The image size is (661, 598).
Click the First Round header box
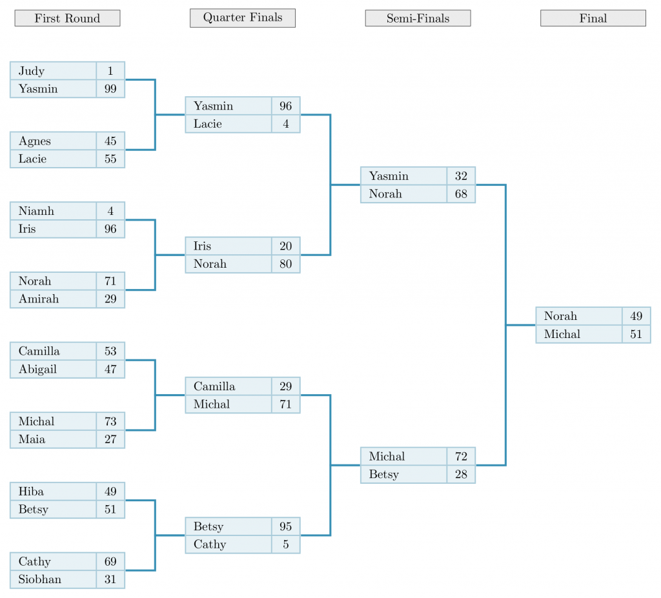[x=67, y=18]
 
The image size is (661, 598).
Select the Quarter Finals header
[x=242, y=17]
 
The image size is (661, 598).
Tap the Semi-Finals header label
[x=418, y=18]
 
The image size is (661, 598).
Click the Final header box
[x=593, y=18]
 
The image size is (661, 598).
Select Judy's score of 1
[x=110, y=71]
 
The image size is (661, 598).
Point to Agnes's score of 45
[x=110, y=141]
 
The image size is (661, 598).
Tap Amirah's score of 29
[x=110, y=299]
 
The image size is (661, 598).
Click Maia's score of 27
[x=110, y=439]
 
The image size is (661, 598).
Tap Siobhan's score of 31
[x=110, y=579]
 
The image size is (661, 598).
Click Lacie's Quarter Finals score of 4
[x=285, y=124]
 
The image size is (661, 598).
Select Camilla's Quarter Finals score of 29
[x=285, y=386]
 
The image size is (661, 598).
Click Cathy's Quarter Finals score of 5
[x=285, y=544]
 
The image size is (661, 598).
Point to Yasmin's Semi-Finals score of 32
[x=461, y=176]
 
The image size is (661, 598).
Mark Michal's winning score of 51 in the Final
[x=636, y=334]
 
